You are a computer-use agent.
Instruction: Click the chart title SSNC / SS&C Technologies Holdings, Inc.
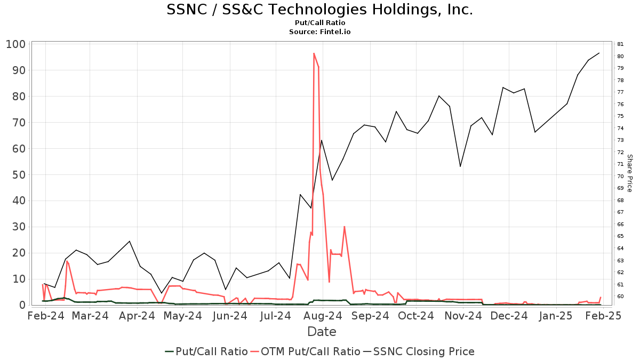tap(319, 10)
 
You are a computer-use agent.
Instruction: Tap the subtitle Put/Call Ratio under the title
tap(319, 23)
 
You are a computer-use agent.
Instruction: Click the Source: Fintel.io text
tap(319, 31)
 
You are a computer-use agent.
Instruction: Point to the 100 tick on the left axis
tap(16, 44)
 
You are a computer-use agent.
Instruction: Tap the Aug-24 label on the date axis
tap(322, 316)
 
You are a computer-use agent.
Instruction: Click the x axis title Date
tap(322, 332)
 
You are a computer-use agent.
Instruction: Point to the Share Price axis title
tap(629, 173)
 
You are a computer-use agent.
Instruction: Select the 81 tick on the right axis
tap(620, 44)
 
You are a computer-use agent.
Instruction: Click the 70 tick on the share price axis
tap(620, 177)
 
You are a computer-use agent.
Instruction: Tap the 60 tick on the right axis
tap(620, 297)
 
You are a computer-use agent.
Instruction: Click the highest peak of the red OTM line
tap(314, 53)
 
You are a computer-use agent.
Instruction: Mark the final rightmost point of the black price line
tap(599, 53)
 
